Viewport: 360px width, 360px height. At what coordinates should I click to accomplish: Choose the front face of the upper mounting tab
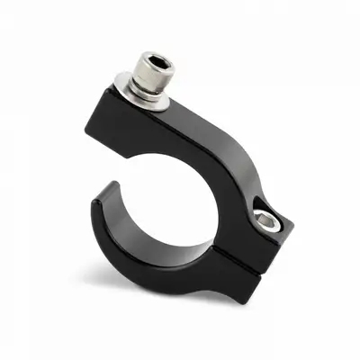[153, 135]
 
